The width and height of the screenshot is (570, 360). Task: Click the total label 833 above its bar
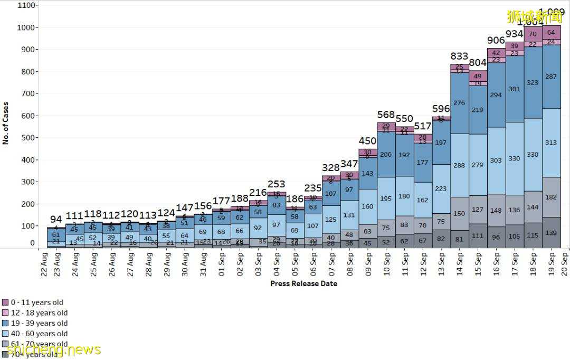[459, 56]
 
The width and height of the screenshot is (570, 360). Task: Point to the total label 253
[276, 184]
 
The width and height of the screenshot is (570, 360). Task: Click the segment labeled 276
[459, 103]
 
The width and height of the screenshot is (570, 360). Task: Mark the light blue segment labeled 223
[441, 188]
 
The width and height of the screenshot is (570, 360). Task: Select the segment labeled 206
[386, 155]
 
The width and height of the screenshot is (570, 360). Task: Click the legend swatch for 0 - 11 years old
[5, 302]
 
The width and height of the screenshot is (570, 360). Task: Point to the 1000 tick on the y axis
[27, 27]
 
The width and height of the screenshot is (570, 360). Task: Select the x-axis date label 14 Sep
[459, 263]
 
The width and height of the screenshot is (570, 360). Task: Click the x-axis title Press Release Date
[303, 283]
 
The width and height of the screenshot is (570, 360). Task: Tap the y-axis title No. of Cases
[6, 123]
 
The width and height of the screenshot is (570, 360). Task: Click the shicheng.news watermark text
[53, 349]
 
